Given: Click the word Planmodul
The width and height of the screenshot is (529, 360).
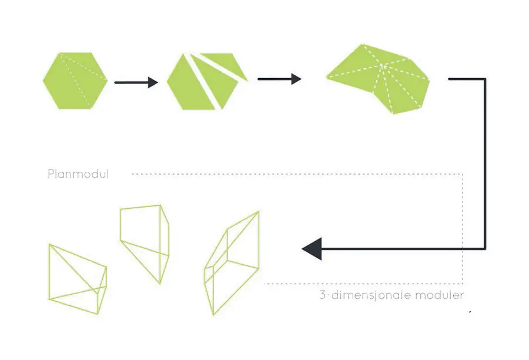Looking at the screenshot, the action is (x=78, y=174).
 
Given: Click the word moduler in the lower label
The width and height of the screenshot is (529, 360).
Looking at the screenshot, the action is (x=440, y=295).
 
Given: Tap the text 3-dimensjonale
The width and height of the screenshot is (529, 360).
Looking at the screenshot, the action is (x=366, y=295).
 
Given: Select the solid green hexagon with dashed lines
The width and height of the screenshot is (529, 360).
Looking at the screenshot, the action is (x=75, y=81).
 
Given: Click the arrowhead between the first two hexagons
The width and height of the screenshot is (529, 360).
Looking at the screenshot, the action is (x=153, y=82).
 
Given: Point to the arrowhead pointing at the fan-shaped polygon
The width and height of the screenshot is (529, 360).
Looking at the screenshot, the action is (x=296, y=79).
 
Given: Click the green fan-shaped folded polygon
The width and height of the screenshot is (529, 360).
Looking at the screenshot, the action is (x=378, y=79).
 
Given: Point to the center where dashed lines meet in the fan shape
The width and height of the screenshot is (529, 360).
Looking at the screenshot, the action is (x=382, y=65).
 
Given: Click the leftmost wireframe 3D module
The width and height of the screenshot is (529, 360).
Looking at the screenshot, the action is (x=78, y=279).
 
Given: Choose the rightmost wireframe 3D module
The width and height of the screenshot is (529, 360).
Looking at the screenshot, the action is (x=232, y=263).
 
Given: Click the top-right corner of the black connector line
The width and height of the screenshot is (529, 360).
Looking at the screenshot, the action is (x=485, y=79).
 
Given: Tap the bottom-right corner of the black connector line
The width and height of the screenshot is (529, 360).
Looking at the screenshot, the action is (x=485, y=249).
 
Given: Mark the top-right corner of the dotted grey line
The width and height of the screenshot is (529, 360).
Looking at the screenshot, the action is (x=463, y=174).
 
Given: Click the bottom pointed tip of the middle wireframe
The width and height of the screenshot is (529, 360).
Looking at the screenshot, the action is (x=160, y=284).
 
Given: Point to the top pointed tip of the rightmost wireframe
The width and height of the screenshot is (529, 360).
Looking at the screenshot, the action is (x=259, y=211).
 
